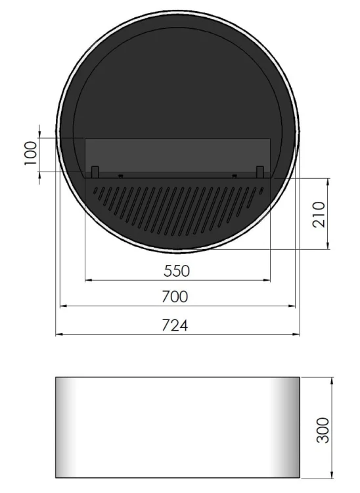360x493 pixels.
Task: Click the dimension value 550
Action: [177, 270]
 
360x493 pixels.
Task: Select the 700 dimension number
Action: [175, 296]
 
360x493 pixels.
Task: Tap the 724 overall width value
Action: [175, 325]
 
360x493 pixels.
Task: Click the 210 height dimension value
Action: [320, 214]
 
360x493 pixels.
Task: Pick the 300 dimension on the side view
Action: [323, 429]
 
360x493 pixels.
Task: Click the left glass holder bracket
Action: [95, 172]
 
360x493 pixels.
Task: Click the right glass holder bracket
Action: [260, 172]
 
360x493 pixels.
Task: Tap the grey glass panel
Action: [177, 154]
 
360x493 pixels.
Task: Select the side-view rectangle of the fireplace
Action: [177, 427]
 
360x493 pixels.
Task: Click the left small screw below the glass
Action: [120, 176]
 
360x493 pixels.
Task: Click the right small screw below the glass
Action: [235, 176]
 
